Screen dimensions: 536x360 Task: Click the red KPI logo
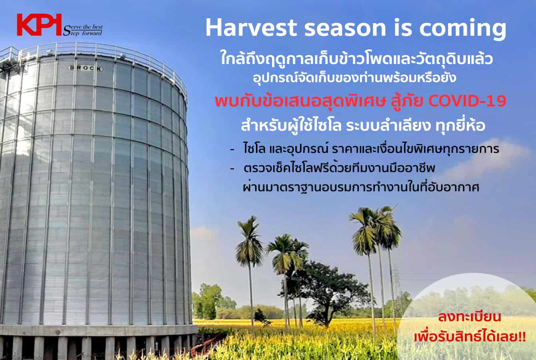39,25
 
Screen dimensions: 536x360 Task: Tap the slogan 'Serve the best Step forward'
83,30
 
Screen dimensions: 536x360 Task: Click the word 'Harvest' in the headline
251,28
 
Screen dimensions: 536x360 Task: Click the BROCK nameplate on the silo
86,68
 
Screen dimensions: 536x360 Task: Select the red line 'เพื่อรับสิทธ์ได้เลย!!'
470,336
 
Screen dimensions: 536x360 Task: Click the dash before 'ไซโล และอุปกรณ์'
232,150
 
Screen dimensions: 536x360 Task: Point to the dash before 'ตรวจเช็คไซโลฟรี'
232,169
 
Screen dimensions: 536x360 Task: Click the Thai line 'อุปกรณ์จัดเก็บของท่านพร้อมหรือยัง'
354,78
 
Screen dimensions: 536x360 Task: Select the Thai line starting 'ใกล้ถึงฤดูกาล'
356,59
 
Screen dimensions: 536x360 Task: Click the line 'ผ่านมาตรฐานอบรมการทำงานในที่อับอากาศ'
361,187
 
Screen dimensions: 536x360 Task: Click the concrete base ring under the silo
98,331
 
